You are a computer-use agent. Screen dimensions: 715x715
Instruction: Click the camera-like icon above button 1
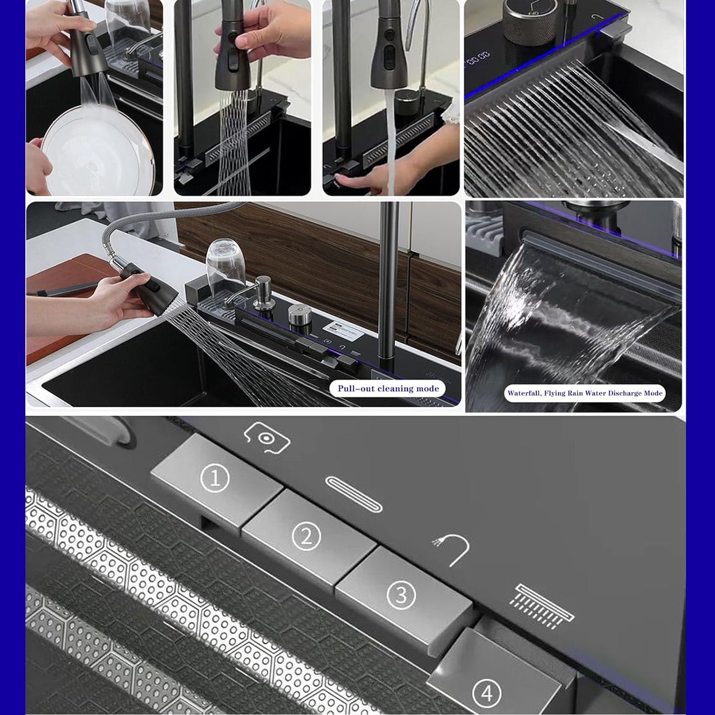[267, 438]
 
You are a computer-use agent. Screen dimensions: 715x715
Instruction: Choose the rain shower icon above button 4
[541, 606]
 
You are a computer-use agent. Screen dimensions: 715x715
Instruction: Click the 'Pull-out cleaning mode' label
[388, 388]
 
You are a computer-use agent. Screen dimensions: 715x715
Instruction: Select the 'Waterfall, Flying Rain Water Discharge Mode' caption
[585, 393]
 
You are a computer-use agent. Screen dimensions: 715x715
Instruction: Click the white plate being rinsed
[97, 151]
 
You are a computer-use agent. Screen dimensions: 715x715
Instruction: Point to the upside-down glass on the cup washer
[225, 267]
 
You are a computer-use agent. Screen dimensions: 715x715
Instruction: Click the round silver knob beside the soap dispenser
[300, 314]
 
